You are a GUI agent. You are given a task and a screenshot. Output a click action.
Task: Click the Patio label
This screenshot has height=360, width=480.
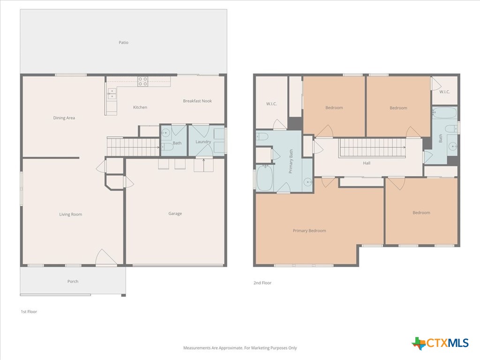(123, 43)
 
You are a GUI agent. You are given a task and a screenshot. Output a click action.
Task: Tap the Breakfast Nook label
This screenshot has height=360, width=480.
(197, 101)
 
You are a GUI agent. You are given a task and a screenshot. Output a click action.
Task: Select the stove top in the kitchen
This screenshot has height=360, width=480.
(142, 82)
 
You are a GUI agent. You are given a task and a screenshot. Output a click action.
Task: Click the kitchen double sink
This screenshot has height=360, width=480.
(112, 94)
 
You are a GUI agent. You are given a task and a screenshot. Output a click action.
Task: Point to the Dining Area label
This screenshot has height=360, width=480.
(64, 118)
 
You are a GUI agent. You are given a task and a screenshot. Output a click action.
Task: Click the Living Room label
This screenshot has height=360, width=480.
(71, 214)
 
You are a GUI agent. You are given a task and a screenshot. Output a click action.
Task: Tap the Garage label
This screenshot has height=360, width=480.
(175, 213)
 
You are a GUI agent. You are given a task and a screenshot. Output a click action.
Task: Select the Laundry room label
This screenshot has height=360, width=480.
(203, 142)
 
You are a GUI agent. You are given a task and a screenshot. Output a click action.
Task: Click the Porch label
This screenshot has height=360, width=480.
(73, 281)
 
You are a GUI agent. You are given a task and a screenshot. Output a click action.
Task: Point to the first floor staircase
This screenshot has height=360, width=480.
(133, 147)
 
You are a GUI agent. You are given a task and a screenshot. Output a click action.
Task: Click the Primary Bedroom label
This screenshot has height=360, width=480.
(309, 231)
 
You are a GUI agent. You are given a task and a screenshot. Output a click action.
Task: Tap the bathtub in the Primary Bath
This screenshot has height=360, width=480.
(264, 178)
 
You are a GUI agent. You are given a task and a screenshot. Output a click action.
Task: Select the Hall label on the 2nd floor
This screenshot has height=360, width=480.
(367, 163)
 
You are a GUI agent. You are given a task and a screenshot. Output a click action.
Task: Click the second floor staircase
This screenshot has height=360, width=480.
(372, 148)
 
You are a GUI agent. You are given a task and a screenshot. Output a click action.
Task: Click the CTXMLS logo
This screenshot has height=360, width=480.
(440, 343)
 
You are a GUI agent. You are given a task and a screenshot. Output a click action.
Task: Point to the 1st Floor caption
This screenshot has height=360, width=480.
(29, 312)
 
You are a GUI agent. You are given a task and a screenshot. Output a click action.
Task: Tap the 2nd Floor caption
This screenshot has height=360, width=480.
(262, 283)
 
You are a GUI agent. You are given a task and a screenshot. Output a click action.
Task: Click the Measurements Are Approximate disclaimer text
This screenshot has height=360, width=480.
(240, 348)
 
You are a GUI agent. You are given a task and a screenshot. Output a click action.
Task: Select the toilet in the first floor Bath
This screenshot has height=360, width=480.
(167, 147)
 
